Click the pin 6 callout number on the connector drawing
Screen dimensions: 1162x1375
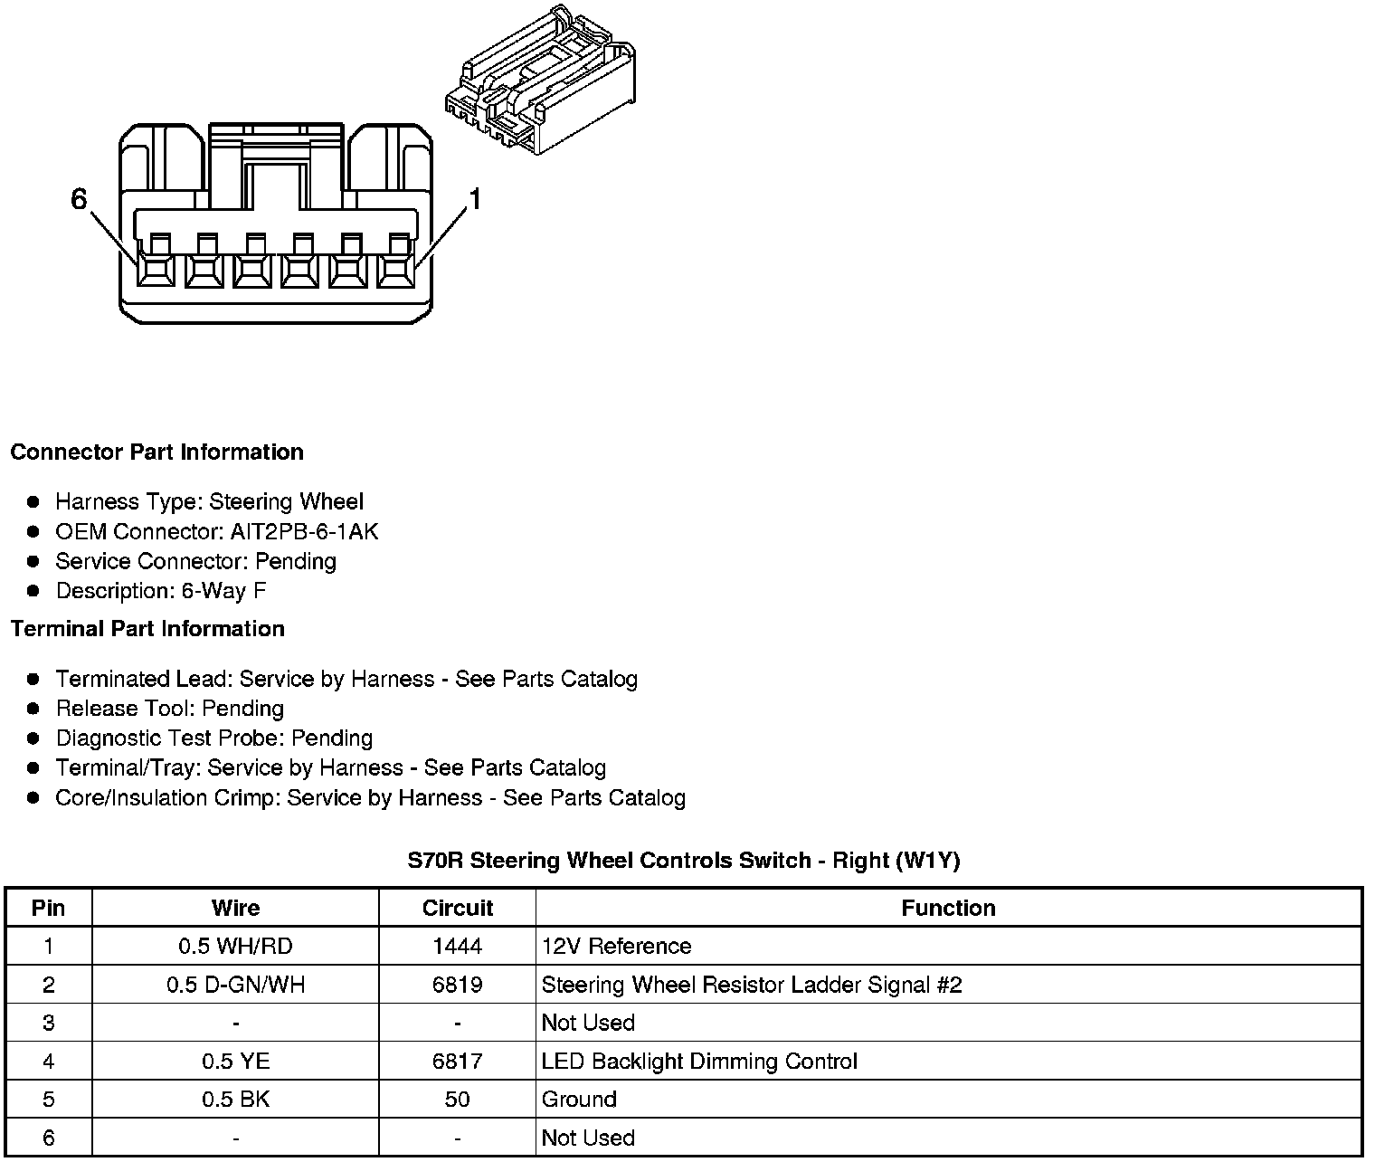click(80, 199)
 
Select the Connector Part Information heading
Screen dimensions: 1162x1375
click(156, 452)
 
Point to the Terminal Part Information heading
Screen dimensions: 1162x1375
click(147, 629)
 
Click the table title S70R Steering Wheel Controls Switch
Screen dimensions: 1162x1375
click(683, 861)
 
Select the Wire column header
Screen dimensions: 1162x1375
click(235, 908)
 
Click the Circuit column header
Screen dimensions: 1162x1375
click(458, 908)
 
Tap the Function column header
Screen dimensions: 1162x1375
click(948, 908)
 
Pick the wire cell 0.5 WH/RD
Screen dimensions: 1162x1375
click(235, 947)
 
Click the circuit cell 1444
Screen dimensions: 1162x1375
click(458, 947)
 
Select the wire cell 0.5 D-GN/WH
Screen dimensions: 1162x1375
click(235, 985)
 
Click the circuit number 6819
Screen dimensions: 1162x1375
click(458, 985)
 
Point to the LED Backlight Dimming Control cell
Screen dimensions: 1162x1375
click(699, 1062)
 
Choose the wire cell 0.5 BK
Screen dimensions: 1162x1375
click(235, 1100)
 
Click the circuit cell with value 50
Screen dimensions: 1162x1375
click(458, 1100)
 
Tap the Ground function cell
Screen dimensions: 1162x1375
click(579, 1100)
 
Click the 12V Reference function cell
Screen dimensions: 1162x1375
click(616, 947)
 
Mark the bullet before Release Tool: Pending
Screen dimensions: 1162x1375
click(34, 709)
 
